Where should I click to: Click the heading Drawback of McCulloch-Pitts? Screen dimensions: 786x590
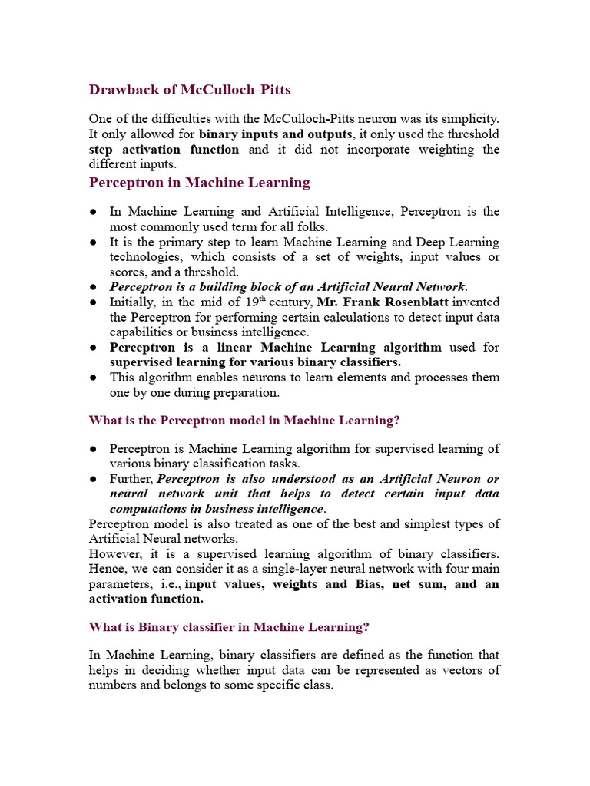pos(190,90)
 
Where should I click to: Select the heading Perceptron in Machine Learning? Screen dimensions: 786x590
pos(200,183)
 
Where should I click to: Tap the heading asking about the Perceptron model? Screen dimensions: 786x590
pos(244,420)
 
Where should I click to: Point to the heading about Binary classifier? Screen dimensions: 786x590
pos(229,626)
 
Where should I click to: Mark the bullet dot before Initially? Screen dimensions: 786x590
pos(93,302)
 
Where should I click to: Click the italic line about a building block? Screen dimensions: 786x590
pos(288,286)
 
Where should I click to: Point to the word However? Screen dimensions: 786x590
pos(114,553)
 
